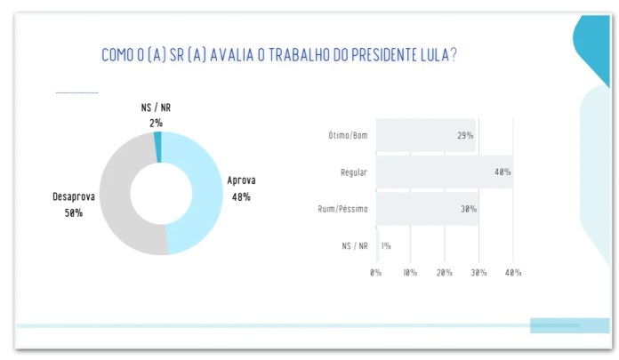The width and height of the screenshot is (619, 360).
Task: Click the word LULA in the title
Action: pos(435,55)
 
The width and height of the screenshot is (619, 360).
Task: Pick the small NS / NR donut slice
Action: pos(157,147)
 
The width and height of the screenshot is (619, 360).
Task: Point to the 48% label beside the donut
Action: pos(241,197)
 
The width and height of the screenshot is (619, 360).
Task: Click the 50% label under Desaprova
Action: pos(74,213)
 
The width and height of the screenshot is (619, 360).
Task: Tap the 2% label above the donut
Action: pos(156,124)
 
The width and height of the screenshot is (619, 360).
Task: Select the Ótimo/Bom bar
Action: pos(426,135)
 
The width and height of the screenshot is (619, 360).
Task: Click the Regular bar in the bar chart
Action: pos(445,172)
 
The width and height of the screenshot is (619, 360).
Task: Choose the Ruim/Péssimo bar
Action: pos(428,208)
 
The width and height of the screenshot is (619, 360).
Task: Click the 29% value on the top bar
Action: pos(465,135)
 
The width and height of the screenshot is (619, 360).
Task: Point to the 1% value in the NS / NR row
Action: pos(386,246)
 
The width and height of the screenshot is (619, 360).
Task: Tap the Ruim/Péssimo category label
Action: pos(342,208)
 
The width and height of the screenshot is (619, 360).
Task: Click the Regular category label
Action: pos(354,172)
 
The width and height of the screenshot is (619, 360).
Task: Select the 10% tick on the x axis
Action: pos(410,272)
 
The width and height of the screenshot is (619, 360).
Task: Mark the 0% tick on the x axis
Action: pos(376,272)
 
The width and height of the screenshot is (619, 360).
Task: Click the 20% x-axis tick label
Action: pos(445,272)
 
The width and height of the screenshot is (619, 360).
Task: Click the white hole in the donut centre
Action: pos(161,194)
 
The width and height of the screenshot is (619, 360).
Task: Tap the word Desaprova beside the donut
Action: pos(74,196)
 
